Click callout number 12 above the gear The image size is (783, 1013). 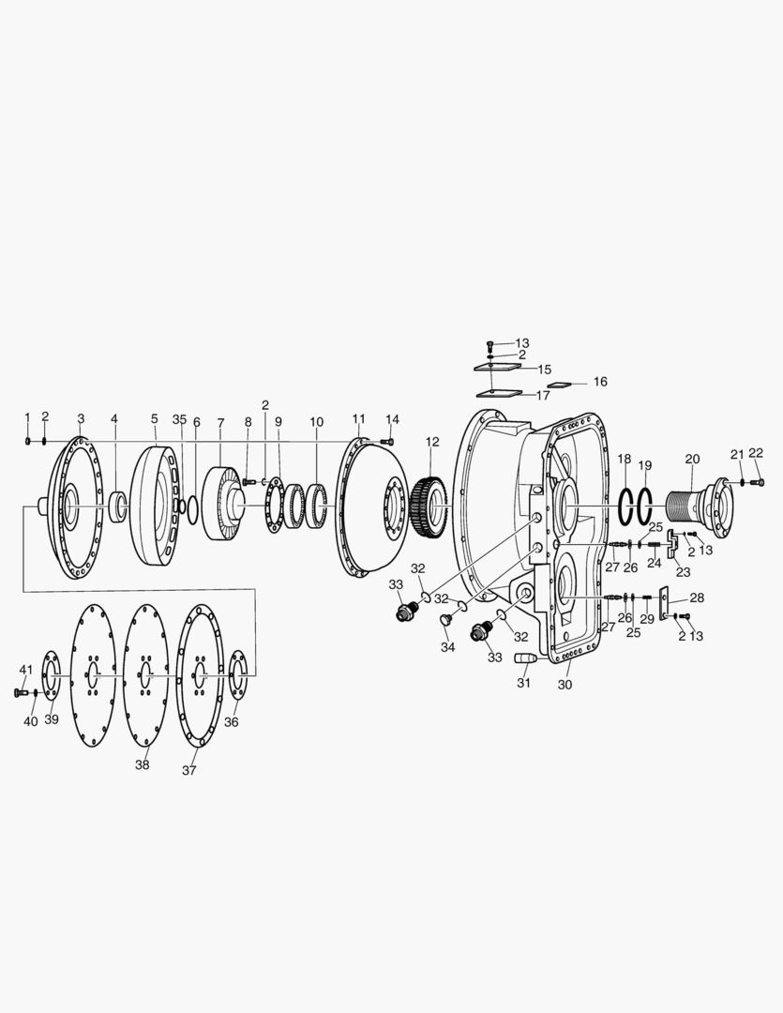tap(432, 442)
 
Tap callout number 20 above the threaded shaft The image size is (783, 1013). tap(692, 460)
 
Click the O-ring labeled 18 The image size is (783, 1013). tap(625, 507)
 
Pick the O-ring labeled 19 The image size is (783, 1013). tap(645, 507)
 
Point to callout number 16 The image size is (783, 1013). tap(600, 382)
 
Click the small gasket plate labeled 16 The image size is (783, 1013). tap(560, 386)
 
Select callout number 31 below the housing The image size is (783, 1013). tap(523, 683)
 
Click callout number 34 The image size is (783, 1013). tap(447, 647)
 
